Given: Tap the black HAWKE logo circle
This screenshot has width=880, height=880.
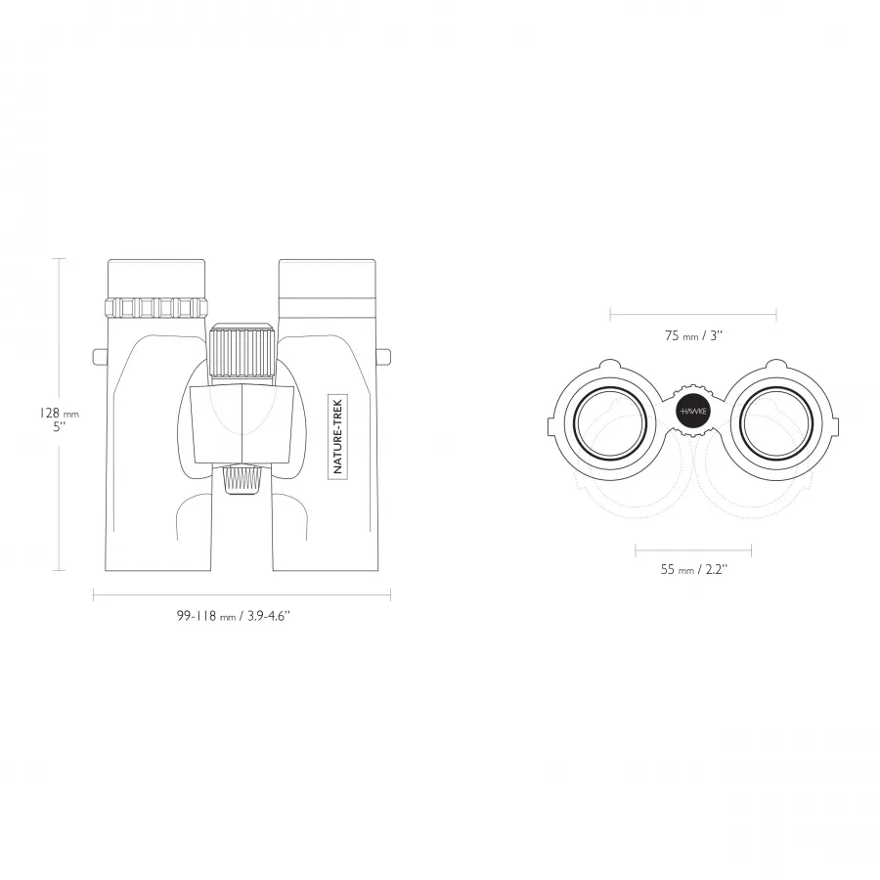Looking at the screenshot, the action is pyautogui.click(x=693, y=412).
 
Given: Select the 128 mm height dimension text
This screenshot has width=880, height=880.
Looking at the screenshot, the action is pyautogui.click(x=59, y=414).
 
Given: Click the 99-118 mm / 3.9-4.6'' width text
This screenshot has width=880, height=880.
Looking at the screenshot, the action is pyautogui.click(x=233, y=616).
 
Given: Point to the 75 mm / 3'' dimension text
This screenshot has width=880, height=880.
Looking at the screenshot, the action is pyautogui.click(x=693, y=335).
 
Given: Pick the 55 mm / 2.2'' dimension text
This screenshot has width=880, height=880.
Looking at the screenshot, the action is pyautogui.click(x=693, y=569).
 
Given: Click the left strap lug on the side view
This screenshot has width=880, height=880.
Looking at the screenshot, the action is pyautogui.click(x=100, y=356).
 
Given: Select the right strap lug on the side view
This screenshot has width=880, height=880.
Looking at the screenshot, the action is pyautogui.click(x=383, y=356).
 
